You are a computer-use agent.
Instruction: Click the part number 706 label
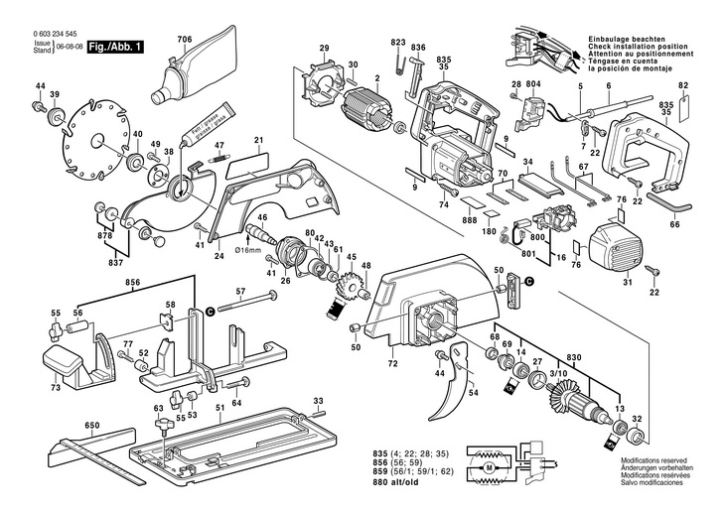tap(184, 39)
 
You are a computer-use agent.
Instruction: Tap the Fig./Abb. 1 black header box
tap(116, 47)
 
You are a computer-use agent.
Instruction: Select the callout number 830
tap(573, 357)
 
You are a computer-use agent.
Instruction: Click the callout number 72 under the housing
tap(392, 365)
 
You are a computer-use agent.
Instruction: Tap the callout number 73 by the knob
tap(56, 387)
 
